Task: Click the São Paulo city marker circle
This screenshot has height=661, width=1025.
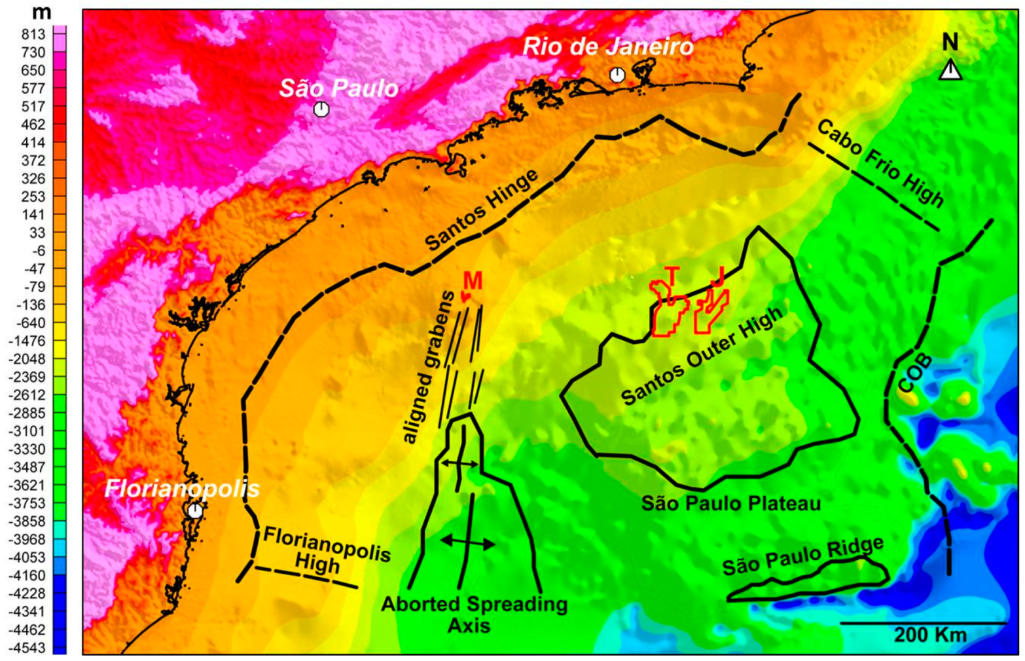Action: [x=321, y=109]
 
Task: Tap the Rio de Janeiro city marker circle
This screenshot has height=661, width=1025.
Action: [x=617, y=75]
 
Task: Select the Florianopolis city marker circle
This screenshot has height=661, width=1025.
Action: [x=194, y=511]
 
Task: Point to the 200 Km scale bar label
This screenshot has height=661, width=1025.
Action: [x=929, y=634]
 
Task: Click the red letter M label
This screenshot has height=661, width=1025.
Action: [x=472, y=281]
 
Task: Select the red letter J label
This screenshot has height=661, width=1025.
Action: [x=717, y=277]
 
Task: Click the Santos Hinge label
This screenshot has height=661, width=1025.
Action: [x=482, y=210]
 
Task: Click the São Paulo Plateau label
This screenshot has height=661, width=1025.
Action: [x=730, y=504]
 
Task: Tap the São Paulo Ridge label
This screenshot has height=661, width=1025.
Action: [x=803, y=556]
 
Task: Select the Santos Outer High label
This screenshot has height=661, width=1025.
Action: [x=701, y=356]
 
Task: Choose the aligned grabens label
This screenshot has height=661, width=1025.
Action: [x=429, y=368]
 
